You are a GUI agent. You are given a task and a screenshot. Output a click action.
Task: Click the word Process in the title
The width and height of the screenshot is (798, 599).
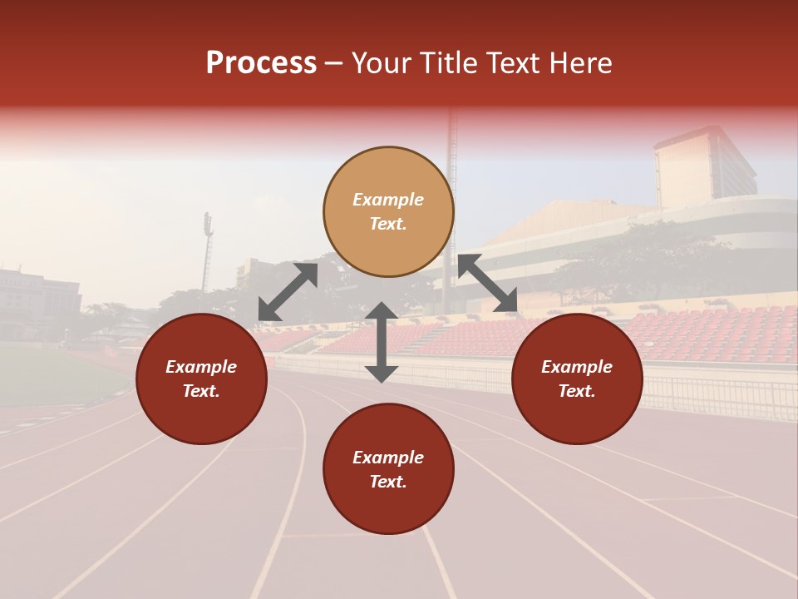[x=261, y=63]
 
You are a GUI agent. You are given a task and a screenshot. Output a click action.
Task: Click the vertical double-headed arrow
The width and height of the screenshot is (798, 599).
[x=382, y=342]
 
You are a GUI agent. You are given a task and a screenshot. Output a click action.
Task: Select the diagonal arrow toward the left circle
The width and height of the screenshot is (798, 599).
[x=288, y=292]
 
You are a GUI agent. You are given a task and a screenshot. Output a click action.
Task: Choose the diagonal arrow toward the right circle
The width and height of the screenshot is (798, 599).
[x=487, y=283]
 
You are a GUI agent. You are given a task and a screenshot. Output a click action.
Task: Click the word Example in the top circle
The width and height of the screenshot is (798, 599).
[x=388, y=200]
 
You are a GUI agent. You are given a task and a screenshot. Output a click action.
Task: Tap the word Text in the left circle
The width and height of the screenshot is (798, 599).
[x=201, y=391]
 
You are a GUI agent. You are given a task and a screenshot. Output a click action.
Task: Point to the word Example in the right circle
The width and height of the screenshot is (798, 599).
[x=577, y=367]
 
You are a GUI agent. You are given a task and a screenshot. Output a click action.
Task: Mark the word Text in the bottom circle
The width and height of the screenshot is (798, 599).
[x=388, y=482]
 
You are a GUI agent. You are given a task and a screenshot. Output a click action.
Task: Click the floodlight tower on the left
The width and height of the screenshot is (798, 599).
[x=207, y=250]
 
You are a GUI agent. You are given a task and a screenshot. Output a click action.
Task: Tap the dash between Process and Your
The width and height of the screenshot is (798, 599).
[x=334, y=63]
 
